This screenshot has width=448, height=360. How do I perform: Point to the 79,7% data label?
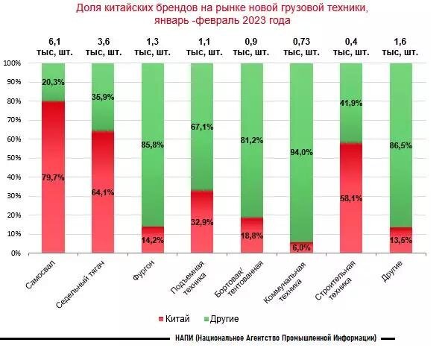(x=53, y=177)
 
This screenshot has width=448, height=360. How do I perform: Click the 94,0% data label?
(x=302, y=153)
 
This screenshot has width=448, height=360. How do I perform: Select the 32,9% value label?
(x=202, y=222)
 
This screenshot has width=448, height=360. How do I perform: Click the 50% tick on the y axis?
(x=13, y=159)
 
